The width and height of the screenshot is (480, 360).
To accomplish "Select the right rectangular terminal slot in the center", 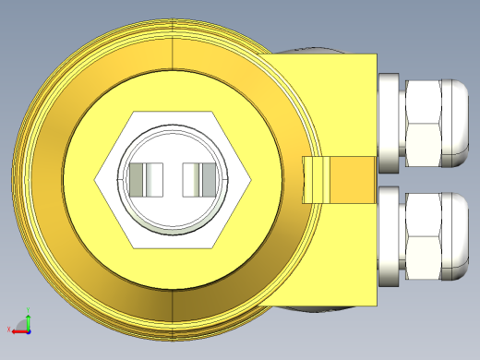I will pos(202,179).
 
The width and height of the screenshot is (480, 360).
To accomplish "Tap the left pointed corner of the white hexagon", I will pos(98,180).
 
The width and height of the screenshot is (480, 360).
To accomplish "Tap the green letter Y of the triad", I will pos(28,311).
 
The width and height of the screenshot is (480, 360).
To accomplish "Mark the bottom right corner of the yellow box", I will pos(376,304).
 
